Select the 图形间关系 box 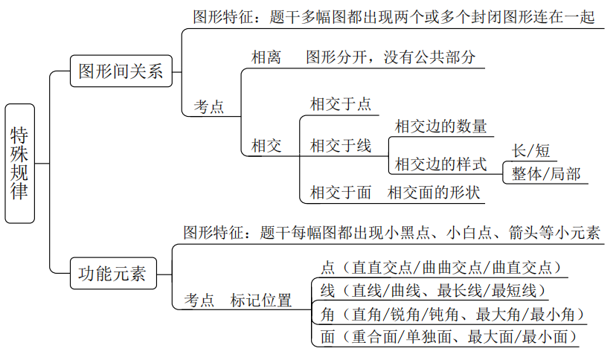click(x=121, y=72)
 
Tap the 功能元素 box click(x=113, y=274)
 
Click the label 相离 click(x=266, y=57)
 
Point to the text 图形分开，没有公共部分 click(x=391, y=57)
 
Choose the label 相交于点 click(x=341, y=103)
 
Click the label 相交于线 click(x=341, y=145)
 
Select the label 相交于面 click(x=341, y=193)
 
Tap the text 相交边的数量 click(x=441, y=125)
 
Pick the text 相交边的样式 click(x=441, y=164)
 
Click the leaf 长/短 click(x=531, y=151)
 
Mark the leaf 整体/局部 click(x=545, y=174)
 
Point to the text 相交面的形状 click(x=435, y=193)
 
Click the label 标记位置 click(x=260, y=300)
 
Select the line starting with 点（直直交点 click(x=440, y=266)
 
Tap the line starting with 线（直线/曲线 click(x=434, y=289)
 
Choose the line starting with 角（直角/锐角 click(x=452, y=314)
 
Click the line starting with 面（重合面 click(x=449, y=337)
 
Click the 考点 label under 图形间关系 click(x=209, y=106)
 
